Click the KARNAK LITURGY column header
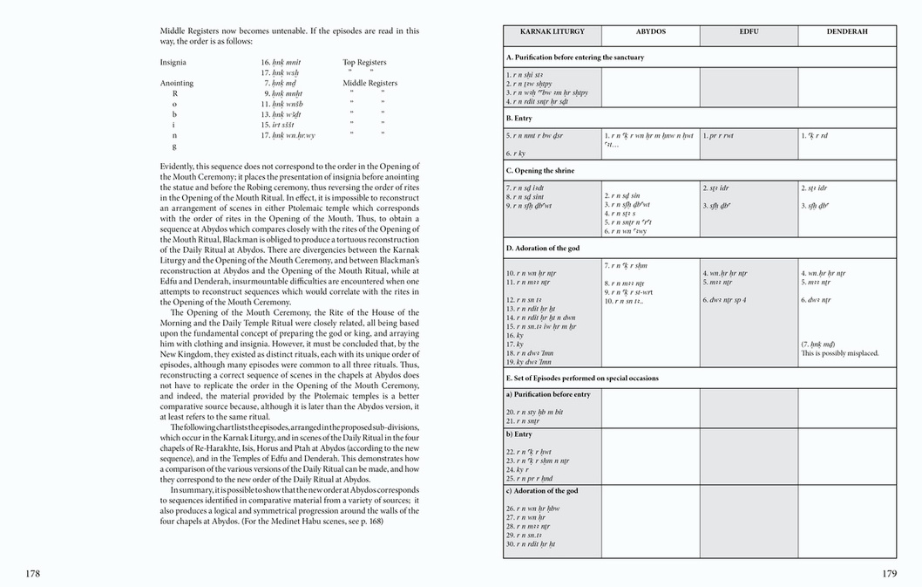pos(552,31)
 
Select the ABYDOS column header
pos(650,31)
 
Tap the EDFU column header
pos(749,31)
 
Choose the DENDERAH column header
pos(847,31)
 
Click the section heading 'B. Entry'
pos(519,118)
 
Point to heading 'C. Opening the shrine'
pos(540,170)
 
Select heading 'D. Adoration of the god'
pos(543,249)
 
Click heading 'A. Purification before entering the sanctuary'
pos(574,58)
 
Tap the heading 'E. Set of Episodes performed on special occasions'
pos(582,379)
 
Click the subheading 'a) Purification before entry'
pos(547,394)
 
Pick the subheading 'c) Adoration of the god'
pos(542,491)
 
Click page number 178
pos(32,573)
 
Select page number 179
pos(889,573)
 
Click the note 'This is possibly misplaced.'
pos(840,353)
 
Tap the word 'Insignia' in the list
pos(173,63)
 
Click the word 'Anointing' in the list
pos(177,83)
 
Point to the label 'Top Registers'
pos(364,63)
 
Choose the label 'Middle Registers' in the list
pos(369,83)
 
